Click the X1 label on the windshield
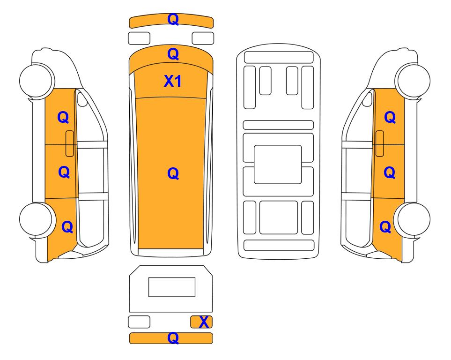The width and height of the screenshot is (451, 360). pos(172,81)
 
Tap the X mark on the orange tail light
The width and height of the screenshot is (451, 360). pos(204,322)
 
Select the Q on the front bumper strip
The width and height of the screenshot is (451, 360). pos(173,19)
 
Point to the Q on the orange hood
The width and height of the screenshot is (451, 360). pos(173,54)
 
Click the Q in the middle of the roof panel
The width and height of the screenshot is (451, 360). pos(173,173)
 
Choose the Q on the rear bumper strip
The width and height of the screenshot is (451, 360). pos(173,338)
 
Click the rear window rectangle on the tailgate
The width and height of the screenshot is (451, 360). pos(172,287)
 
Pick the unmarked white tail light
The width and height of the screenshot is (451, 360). pos(139,322)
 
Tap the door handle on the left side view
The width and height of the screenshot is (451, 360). pos(70,143)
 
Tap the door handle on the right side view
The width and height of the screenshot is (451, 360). pos(380,143)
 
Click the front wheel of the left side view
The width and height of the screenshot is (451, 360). pos(37,80)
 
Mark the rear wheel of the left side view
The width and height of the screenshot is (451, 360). pos(37,219)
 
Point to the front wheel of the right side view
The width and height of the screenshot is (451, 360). pos(413,80)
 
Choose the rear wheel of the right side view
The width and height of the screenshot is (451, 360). pos(413,219)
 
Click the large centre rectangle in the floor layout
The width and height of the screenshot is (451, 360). pos(278,165)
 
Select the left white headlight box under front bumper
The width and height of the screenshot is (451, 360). pos(139,38)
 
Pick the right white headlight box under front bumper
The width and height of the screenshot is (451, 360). pos(203,38)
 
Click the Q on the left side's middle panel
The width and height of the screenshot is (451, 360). pos(64,172)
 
